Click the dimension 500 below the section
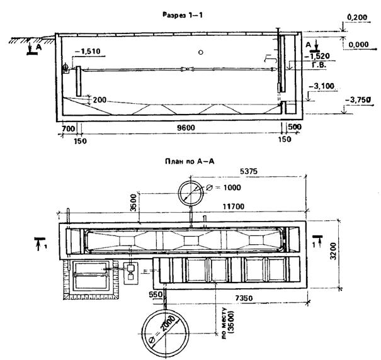click(x=295, y=128)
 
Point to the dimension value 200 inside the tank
click(x=98, y=99)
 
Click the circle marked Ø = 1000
click(x=191, y=192)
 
